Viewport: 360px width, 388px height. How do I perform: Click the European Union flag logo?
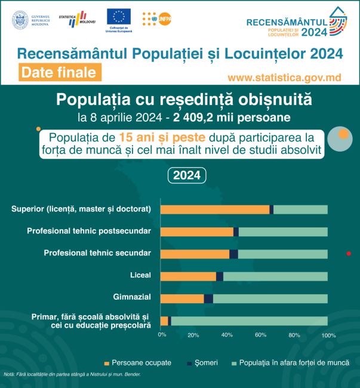[119, 17]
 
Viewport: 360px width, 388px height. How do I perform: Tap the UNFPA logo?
[157, 19]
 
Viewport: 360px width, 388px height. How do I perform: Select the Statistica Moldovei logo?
[82, 19]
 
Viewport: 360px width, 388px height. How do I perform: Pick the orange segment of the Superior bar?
[215, 210]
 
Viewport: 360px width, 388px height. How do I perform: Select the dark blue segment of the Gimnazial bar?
[208, 298]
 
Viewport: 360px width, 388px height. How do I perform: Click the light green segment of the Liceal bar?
[275, 276]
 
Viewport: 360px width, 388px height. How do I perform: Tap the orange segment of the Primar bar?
[164, 321]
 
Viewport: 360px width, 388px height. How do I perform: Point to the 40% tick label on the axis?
[227, 335]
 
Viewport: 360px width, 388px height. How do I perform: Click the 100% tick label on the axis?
[329, 335]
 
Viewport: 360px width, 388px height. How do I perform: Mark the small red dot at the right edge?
[349, 254]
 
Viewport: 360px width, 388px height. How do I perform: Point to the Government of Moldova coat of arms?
[20, 19]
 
